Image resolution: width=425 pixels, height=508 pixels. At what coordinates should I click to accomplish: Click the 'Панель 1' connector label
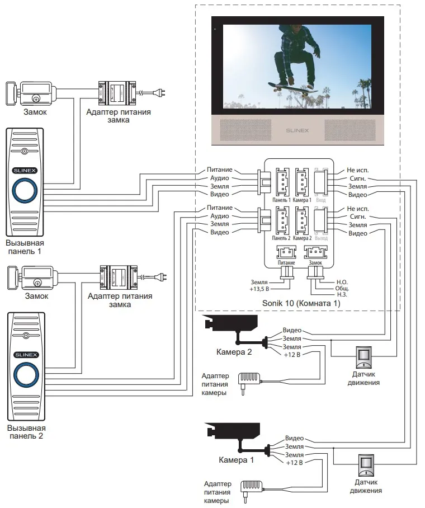click(281, 200)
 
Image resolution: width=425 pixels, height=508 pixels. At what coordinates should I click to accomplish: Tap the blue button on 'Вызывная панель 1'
click(25, 189)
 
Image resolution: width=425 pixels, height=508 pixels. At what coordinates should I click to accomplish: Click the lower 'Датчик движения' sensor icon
click(367, 463)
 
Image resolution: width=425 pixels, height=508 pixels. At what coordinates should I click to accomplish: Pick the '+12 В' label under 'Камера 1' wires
click(294, 463)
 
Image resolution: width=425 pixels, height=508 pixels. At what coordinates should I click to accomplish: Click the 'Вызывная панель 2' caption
click(25, 431)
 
